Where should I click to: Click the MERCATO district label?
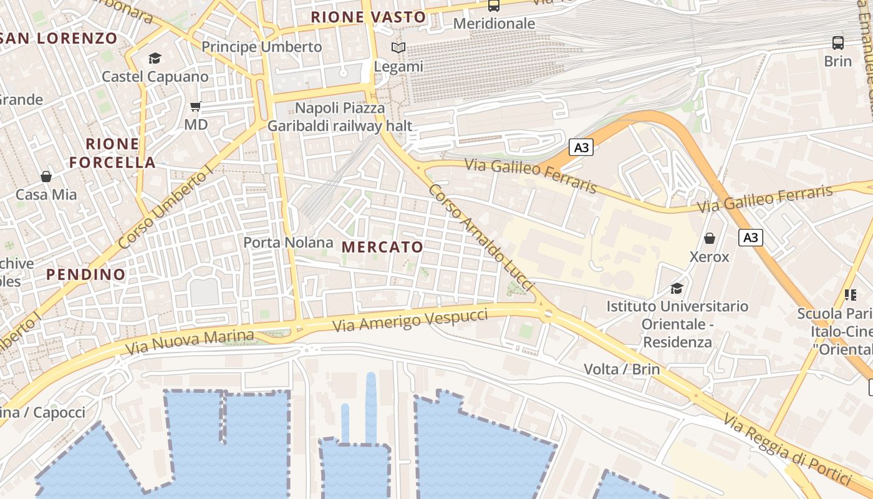(x=383, y=247)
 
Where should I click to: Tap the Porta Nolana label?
(x=288, y=242)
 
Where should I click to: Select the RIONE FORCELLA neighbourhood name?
(x=112, y=153)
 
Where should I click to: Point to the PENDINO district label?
(x=85, y=274)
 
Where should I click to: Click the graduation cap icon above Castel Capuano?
(x=155, y=59)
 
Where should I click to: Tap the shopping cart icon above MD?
(x=196, y=107)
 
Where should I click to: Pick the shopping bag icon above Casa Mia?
(x=46, y=177)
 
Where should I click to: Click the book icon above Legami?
(x=398, y=47)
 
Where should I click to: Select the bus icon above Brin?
(x=838, y=43)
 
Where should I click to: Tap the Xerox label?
(x=709, y=256)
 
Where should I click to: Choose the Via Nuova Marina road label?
(x=190, y=342)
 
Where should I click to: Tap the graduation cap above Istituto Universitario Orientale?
(x=677, y=288)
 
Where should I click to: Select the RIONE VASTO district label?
(x=368, y=17)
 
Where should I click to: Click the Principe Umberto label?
(x=262, y=47)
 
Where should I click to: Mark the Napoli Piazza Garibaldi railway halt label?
(x=340, y=117)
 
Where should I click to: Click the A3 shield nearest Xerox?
(x=751, y=237)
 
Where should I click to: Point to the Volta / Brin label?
(x=622, y=369)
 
